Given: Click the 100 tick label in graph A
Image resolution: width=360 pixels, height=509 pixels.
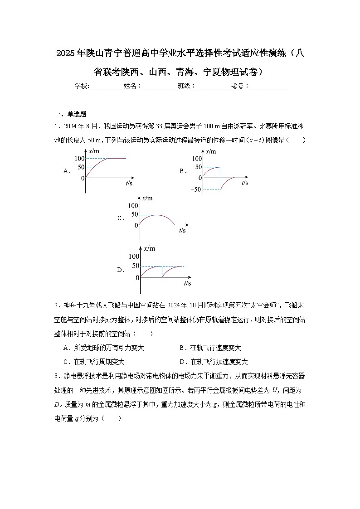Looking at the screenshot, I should pos(79,158).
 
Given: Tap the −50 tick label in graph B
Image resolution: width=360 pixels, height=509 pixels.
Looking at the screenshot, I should pos(196,189).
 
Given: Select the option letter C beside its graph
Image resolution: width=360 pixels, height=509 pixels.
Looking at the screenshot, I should pos(121,218).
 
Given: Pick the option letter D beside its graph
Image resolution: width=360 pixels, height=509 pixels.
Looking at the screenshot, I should pos(121,270).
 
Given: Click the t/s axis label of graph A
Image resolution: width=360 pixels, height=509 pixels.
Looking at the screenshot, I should pos(129,183).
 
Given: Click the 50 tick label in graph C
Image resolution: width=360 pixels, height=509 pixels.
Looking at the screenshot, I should pos(134,214).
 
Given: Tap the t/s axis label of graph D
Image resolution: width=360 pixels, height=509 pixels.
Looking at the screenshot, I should pos(187,283).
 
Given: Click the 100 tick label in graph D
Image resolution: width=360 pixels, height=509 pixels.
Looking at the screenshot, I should pos(134,257).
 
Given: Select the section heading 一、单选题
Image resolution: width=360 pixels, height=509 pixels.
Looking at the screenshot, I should pos(70,114).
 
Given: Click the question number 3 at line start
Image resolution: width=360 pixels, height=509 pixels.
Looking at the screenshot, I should pos(56,376).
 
